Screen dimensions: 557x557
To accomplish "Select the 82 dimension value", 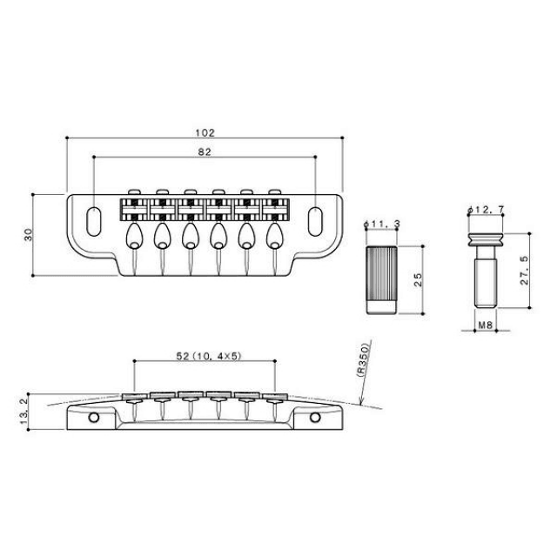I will (205, 151).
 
